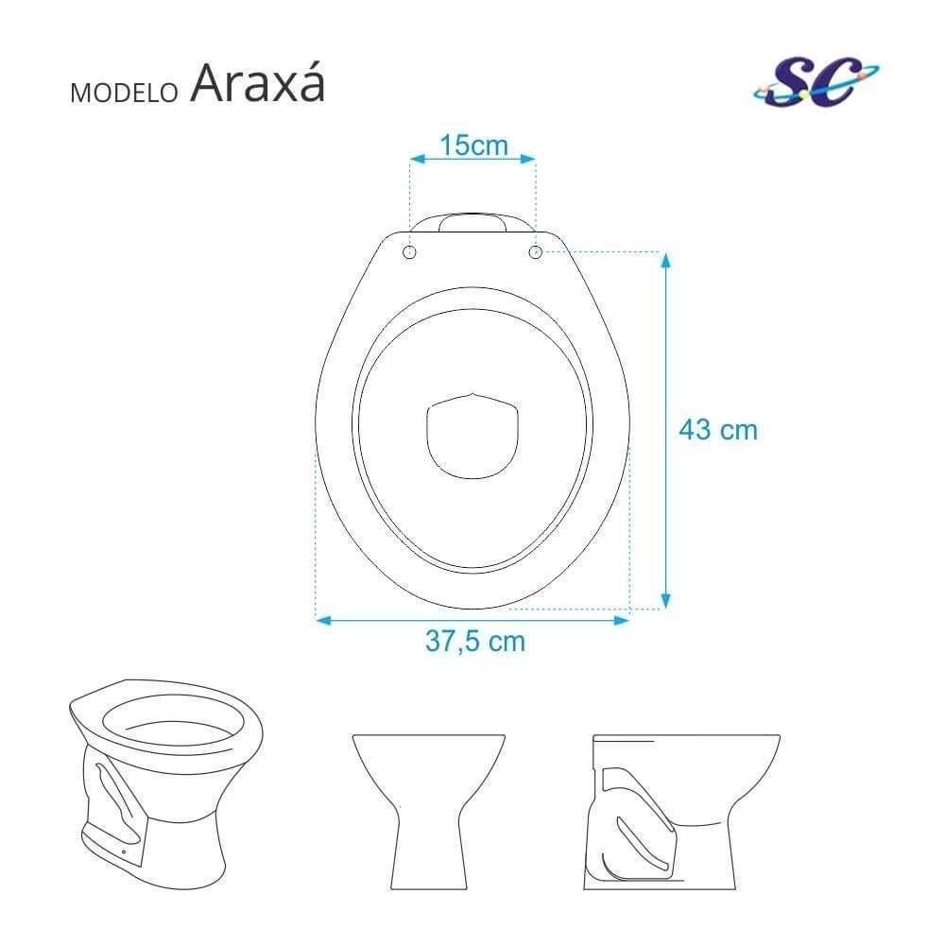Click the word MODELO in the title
pyautogui.click(x=124, y=93)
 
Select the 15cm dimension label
pyautogui.click(x=473, y=146)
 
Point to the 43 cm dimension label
pyautogui.click(x=718, y=430)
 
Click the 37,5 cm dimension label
pyautogui.click(x=474, y=641)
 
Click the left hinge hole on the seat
pyautogui.click(x=409, y=252)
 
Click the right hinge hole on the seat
pyautogui.click(x=536, y=252)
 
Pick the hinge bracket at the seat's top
pyautogui.click(x=472, y=222)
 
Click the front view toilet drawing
pyautogui.click(x=427, y=804)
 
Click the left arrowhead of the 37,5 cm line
pyautogui.click(x=320, y=620)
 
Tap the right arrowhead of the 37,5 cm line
pyautogui.click(x=624, y=620)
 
